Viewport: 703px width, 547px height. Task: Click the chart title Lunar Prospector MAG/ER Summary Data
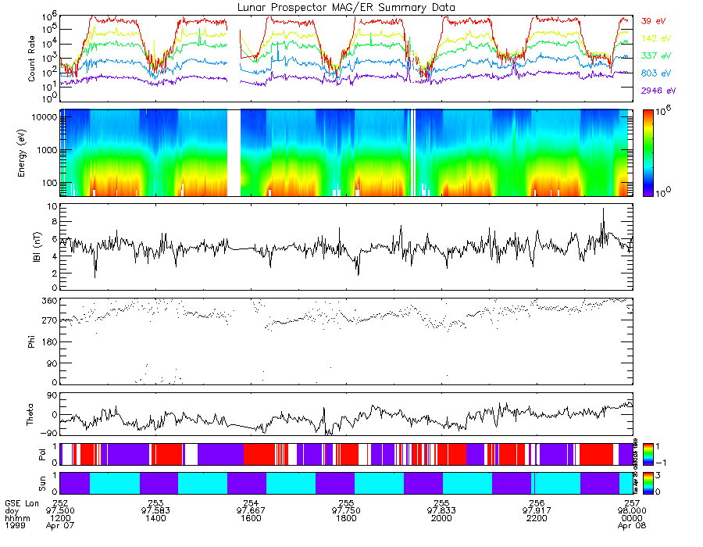click(x=347, y=7)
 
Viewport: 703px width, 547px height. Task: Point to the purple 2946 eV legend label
click(x=656, y=91)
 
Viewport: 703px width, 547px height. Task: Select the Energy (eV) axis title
click(x=32, y=153)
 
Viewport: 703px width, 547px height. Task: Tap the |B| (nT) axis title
click(x=32, y=248)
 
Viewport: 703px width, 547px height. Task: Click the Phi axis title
click(x=32, y=341)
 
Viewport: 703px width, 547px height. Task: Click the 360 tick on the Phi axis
click(x=48, y=301)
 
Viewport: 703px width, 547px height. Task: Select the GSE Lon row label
click(x=21, y=501)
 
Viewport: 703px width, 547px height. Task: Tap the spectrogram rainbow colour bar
click(x=648, y=152)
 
